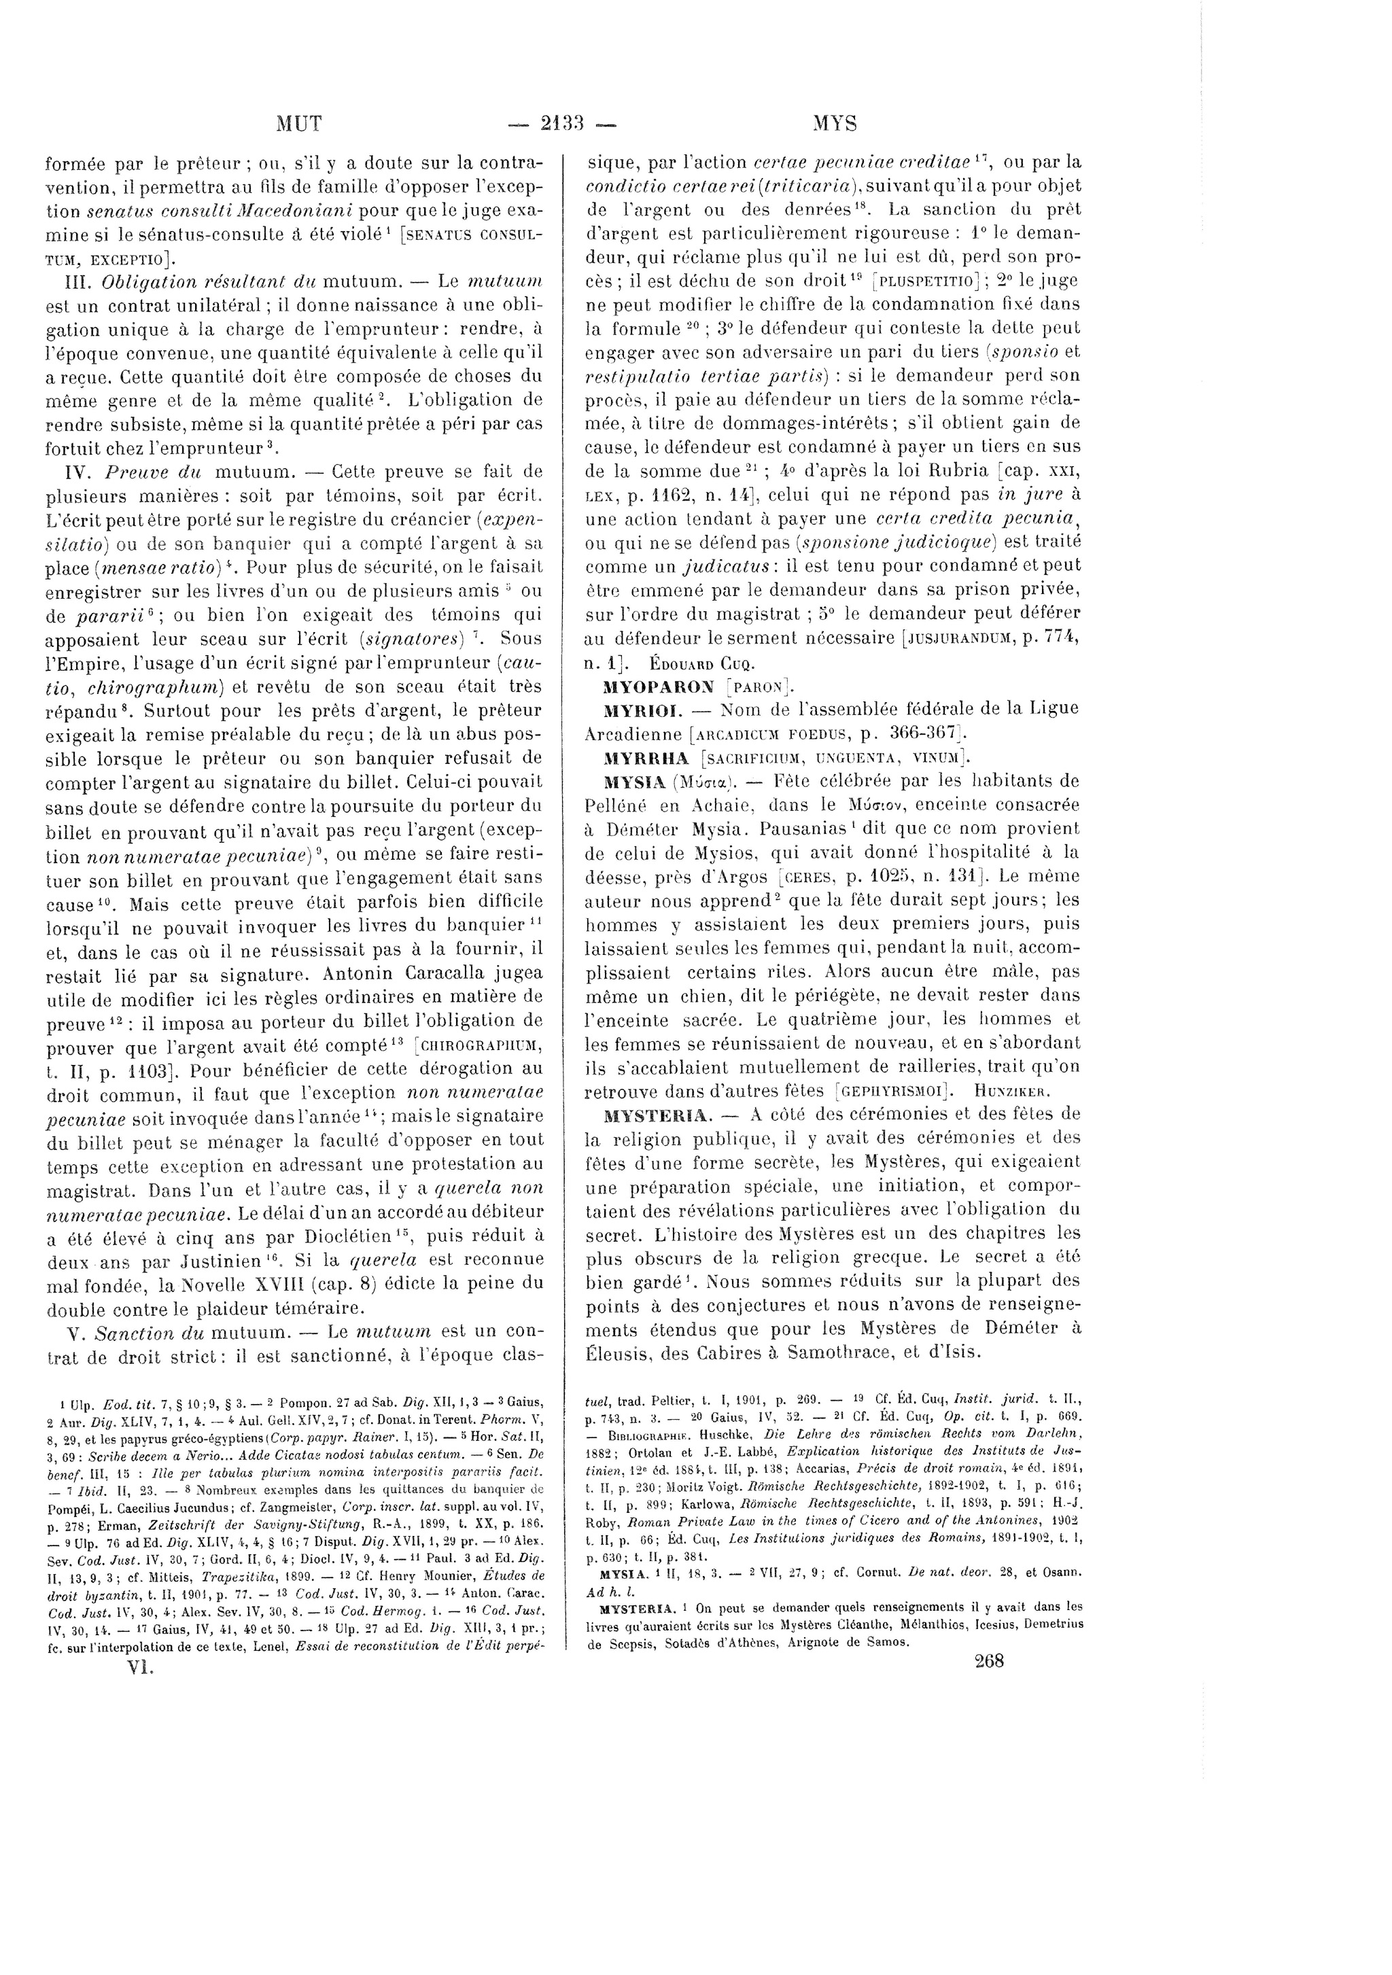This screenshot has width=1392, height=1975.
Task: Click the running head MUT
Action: click(298, 124)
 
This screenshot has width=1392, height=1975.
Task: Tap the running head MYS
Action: click(835, 124)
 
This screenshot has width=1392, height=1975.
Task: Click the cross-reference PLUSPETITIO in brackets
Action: click(935, 281)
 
